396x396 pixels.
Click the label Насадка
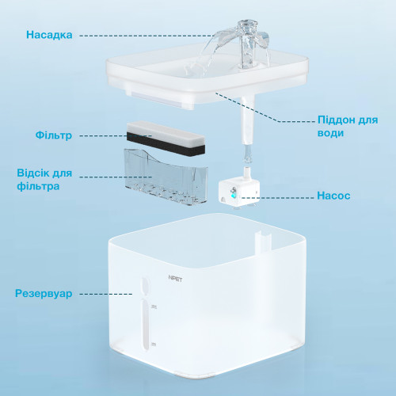click(49, 35)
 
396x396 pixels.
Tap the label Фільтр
click(54, 135)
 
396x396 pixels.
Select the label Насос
click(333, 196)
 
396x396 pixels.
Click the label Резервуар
click(44, 294)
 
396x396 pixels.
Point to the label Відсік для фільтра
click(44, 180)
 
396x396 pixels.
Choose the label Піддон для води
click(348, 126)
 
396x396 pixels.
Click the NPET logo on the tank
click(175, 279)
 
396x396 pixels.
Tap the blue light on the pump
click(234, 196)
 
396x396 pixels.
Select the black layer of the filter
click(166, 144)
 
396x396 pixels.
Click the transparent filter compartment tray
click(166, 177)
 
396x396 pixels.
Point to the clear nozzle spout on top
click(248, 44)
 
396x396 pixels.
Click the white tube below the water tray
click(247, 120)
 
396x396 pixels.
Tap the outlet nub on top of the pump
click(246, 173)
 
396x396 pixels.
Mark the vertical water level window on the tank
click(145, 314)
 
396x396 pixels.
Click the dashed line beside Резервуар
click(106, 294)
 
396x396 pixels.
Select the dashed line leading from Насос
click(277, 197)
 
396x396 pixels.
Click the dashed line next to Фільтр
click(116, 136)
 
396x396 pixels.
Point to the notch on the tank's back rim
click(263, 240)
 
